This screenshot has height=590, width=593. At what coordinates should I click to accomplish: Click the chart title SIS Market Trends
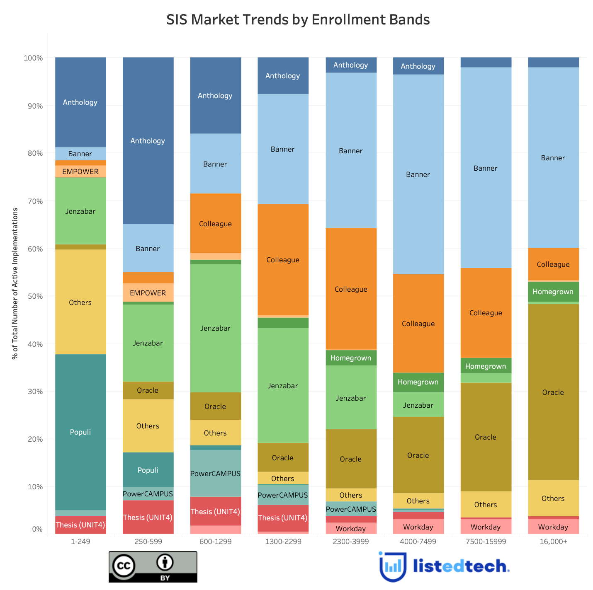click(298, 20)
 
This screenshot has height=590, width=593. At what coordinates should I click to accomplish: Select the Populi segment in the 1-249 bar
click(80, 432)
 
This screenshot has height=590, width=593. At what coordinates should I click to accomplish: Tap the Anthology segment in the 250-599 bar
click(148, 141)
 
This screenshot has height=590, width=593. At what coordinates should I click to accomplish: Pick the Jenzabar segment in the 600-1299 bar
click(215, 328)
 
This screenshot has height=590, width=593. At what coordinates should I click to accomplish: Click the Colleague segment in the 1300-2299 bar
click(283, 260)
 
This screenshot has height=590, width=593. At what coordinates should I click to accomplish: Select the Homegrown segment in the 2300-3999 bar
click(351, 358)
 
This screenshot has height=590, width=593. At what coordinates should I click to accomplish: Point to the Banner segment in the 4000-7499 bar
click(418, 174)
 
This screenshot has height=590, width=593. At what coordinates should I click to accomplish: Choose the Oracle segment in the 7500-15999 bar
click(486, 437)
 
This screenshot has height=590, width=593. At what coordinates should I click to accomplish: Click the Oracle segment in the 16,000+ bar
click(553, 392)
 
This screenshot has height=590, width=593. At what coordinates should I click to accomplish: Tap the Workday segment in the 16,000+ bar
click(553, 527)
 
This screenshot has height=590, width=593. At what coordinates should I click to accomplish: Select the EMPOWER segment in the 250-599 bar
click(148, 293)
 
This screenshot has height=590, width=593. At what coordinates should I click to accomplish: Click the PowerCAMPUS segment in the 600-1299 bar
click(215, 473)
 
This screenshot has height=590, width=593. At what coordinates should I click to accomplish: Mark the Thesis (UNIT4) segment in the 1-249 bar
click(80, 525)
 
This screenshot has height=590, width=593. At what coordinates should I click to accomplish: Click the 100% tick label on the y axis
click(33, 58)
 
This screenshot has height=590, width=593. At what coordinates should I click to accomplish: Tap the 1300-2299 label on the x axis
click(283, 542)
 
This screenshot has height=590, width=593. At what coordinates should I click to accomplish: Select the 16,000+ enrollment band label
click(553, 542)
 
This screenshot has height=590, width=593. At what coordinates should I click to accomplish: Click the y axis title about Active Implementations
click(15, 283)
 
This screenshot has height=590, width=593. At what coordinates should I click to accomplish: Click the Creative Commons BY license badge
click(153, 567)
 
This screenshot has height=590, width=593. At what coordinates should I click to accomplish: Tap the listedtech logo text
click(460, 566)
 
